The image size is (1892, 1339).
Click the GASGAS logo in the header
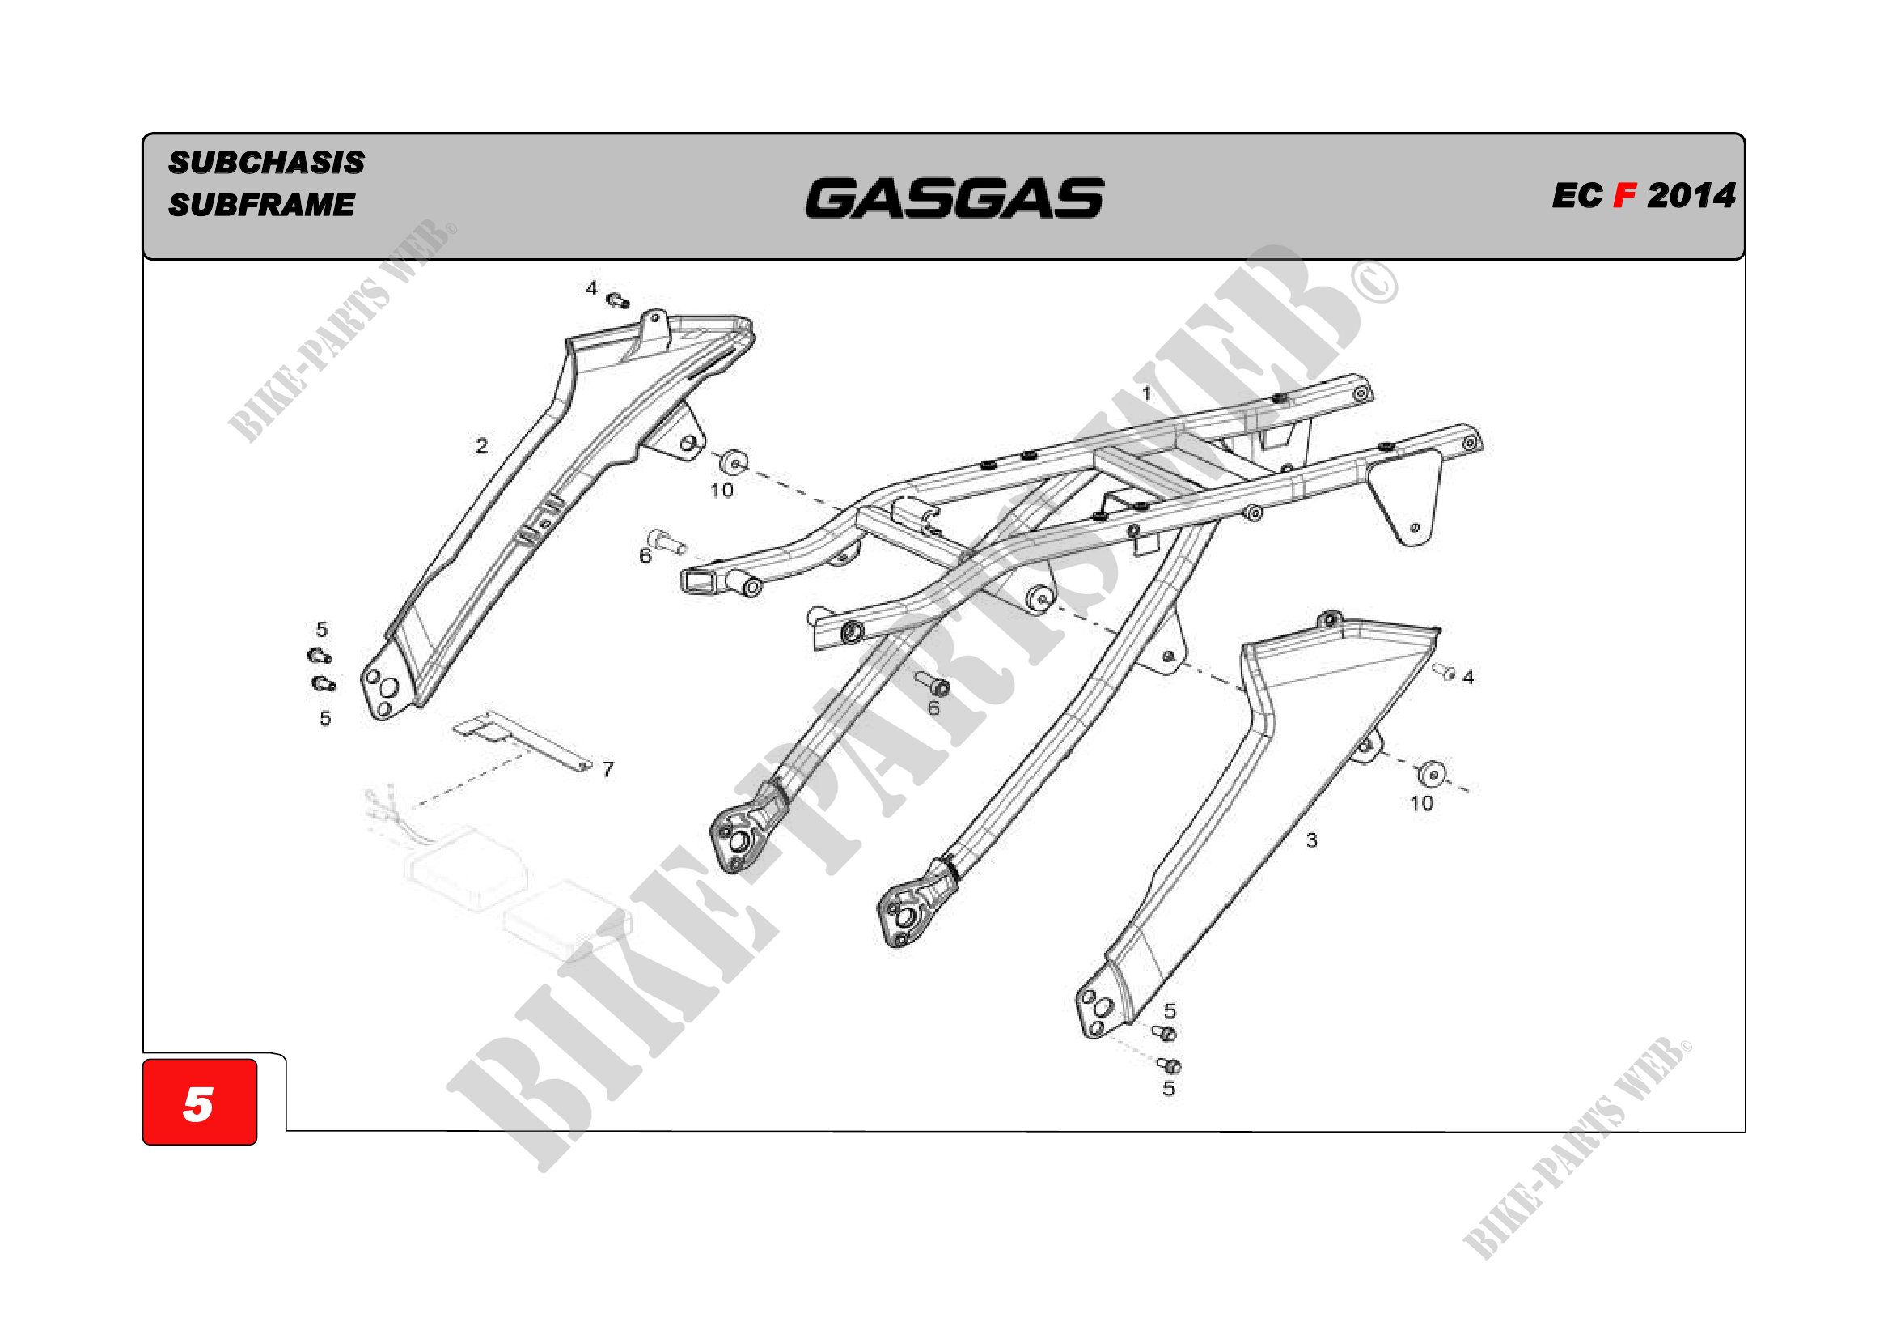[954, 198]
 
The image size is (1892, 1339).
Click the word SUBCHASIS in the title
[266, 163]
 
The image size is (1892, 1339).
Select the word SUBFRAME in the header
[261, 205]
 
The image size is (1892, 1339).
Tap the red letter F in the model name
[1624, 196]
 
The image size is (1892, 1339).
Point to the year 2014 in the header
[1691, 196]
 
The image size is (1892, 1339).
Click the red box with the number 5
[200, 1102]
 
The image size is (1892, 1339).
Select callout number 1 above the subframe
[1146, 393]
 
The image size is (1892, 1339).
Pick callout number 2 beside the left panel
[482, 446]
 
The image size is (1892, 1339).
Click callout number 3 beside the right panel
[1312, 840]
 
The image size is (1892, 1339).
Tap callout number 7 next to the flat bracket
[608, 769]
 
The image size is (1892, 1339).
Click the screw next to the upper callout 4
[617, 300]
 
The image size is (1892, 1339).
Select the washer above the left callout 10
[733, 461]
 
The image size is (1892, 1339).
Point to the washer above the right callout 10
[1433, 773]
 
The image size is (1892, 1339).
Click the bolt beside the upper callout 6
[666, 542]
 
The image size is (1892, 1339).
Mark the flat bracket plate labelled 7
[521, 739]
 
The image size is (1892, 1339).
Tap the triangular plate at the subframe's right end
[1407, 499]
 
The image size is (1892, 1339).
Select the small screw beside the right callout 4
[1445, 671]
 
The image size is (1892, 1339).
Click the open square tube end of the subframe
[697, 580]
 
